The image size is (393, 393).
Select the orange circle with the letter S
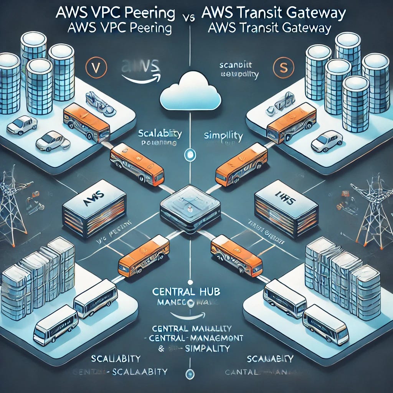[x=283, y=67]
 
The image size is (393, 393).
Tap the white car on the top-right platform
[x=327, y=141]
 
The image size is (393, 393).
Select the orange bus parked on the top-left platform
[x=87, y=122]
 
